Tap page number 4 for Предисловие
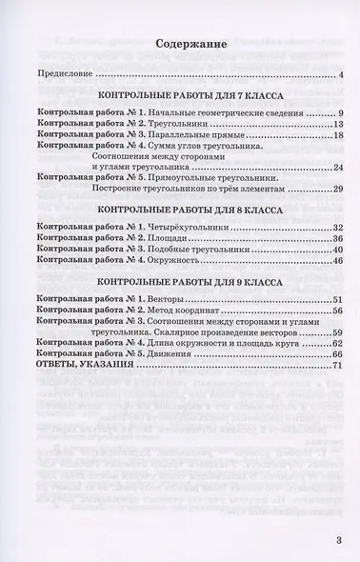(341, 74)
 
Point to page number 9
(340, 114)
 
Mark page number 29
(338, 190)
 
